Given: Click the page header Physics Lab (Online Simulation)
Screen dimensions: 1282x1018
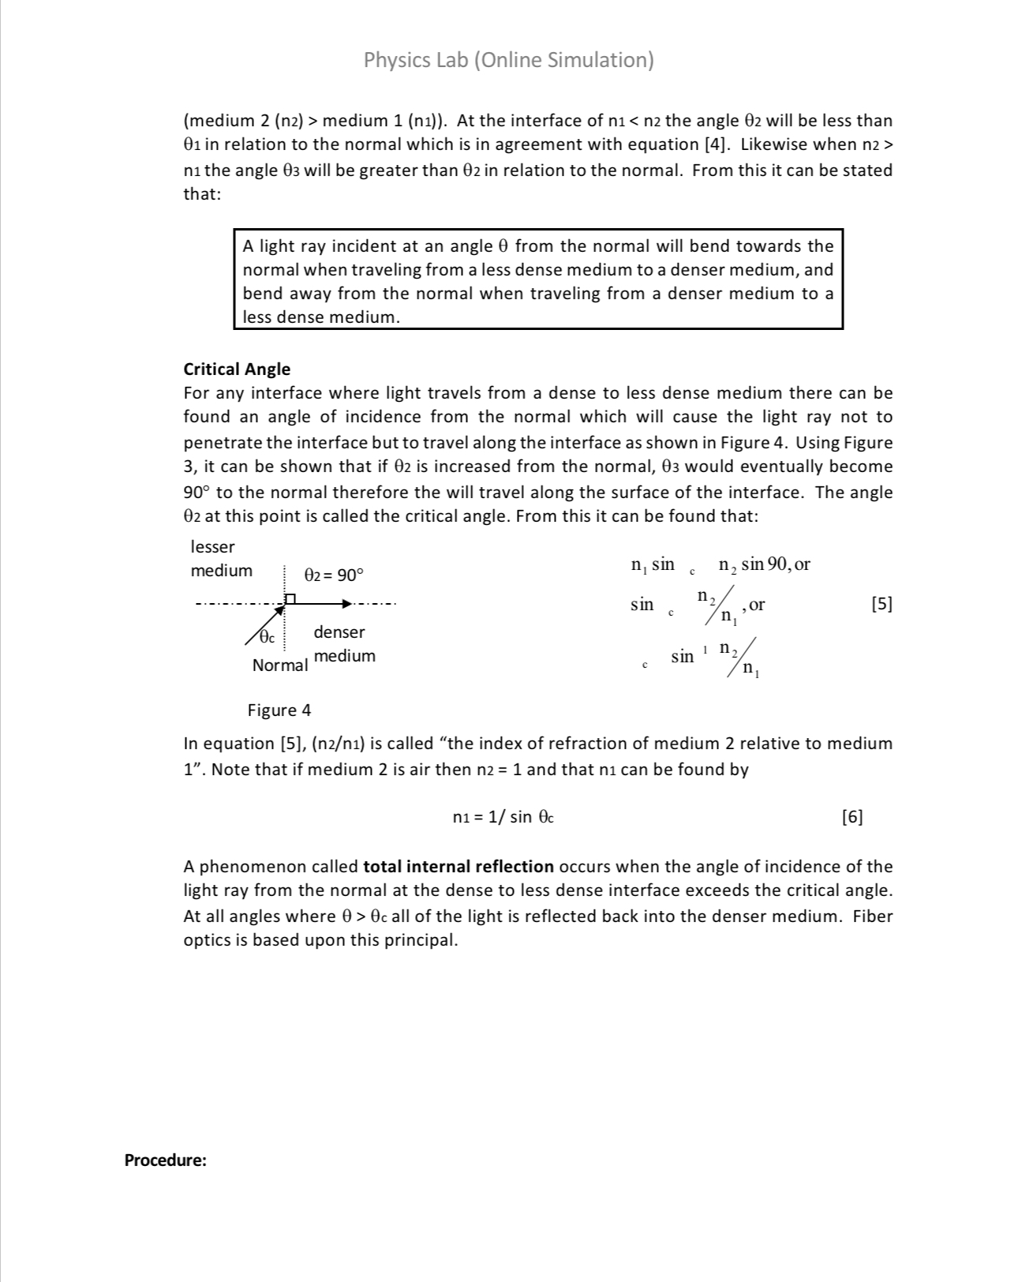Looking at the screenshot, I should pos(508,60).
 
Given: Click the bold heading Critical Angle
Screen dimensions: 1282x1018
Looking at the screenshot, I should pos(237,369).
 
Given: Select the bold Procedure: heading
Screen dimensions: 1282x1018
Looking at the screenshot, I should pos(166,1160).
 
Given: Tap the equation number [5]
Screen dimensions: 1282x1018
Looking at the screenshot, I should pos(881,604).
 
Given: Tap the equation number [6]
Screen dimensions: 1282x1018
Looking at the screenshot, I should pos(852,816).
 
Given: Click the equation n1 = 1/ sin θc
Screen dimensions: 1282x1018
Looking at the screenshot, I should pos(503,817).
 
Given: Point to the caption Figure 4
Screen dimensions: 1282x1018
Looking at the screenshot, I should pos(279,710).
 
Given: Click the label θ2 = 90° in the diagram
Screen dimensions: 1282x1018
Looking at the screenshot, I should pos(334,575).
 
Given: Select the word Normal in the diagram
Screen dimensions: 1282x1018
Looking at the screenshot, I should pos(279,665).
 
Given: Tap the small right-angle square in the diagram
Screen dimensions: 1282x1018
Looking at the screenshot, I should pos(290,599).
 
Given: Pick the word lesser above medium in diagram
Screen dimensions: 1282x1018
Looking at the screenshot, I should pos(212,546).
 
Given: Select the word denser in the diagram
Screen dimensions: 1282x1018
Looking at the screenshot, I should pos(339,632).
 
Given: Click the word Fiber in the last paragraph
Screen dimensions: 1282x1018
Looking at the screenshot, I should pos(872,916).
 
